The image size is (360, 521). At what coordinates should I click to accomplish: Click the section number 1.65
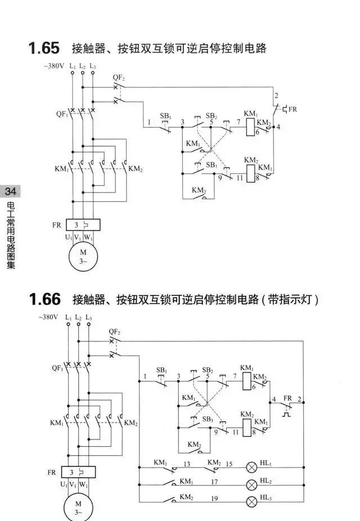(44, 48)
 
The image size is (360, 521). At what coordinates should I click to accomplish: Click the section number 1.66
(44, 299)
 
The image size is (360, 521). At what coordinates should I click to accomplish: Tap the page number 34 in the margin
(10, 191)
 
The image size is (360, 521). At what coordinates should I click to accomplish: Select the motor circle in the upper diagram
(83, 256)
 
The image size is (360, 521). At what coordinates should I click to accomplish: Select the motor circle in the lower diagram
(78, 507)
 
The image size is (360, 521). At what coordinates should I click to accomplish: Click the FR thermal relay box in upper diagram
(83, 225)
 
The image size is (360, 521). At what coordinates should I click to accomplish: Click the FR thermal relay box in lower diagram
(78, 472)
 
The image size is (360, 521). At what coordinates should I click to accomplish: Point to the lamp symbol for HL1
(251, 468)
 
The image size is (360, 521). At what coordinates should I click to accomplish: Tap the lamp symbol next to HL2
(251, 485)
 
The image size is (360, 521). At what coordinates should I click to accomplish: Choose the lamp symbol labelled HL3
(251, 501)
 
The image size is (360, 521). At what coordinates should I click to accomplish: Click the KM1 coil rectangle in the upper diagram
(251, 127)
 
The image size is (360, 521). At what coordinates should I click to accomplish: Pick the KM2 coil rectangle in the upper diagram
(251, 173)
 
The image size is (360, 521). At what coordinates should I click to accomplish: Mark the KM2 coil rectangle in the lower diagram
(247, 428)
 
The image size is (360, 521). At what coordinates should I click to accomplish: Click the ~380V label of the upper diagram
(54, 66)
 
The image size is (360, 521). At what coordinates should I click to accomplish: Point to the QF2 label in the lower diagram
(115, 331)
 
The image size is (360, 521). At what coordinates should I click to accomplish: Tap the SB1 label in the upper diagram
(165, 116)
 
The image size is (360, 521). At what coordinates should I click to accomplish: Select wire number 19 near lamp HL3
(214, 498)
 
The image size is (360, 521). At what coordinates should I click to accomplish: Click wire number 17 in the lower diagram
(214, 482)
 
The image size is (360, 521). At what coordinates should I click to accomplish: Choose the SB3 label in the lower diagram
(208, 419)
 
